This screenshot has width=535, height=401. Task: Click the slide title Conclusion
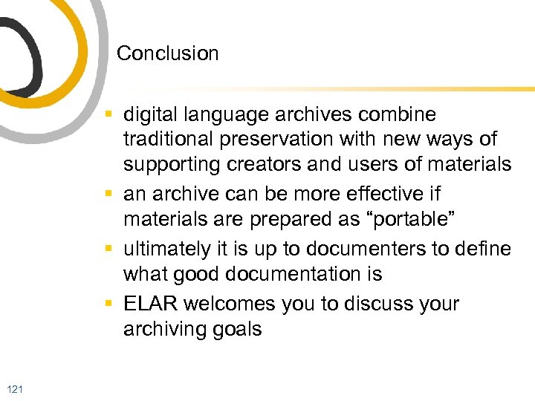point(168,53)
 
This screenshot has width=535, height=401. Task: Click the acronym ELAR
point(151,304)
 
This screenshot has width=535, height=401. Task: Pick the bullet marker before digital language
point(109,115)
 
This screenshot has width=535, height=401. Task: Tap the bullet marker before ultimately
point(109,249)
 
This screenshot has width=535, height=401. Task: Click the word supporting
point(171,164)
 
